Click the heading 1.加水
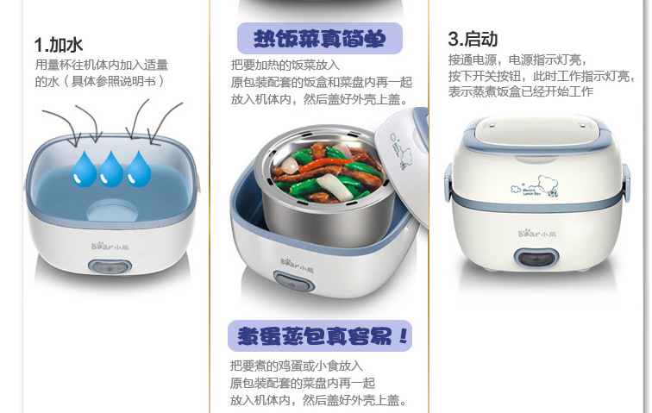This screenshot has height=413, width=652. [59, 45]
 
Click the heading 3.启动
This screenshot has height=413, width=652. [473, 39]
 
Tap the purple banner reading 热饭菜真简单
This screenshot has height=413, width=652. [320, 38]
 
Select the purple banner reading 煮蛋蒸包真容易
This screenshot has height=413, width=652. [320, 335]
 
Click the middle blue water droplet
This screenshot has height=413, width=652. [110, 168]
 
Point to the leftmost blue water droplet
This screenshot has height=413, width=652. [85, 168]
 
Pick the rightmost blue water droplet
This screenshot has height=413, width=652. [138, 168]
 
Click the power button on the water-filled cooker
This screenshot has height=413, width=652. [110, 267]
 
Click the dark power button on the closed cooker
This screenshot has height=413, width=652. [536, 258]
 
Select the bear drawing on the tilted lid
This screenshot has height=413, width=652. [400, 153]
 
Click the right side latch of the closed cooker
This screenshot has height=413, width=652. [625, 183]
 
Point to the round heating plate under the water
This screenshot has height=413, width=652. [112, 210]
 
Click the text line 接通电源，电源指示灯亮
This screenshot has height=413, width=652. [517, 59]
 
